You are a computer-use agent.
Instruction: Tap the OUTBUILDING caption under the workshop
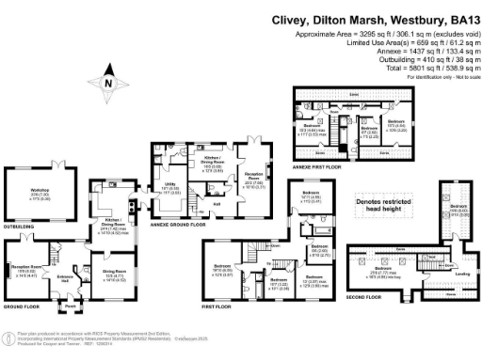pyautogui.click(x=21, y=227)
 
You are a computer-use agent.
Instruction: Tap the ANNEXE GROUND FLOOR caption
pyautogui.click(x=188, y=226)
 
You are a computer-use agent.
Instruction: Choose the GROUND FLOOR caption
pyautogui.click(x=22, y=306)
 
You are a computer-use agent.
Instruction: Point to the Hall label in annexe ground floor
pyautogui.click(x=216, y=203)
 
